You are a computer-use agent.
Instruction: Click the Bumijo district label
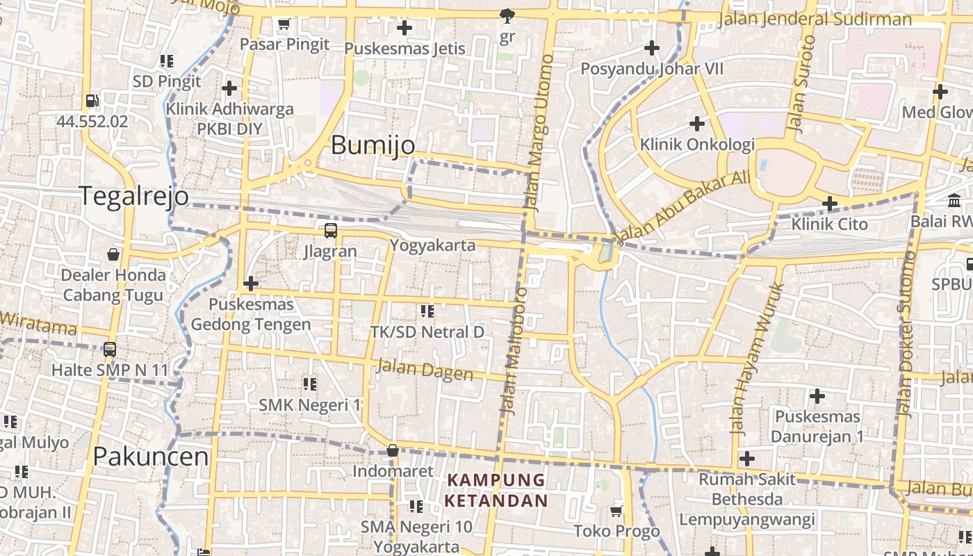click(373, 145)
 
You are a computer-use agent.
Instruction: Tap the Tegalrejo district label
click(133, 196)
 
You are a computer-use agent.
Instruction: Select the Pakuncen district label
click(150, 457)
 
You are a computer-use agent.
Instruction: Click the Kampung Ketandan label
click(496, 490)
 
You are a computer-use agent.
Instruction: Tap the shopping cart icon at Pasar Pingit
click(284, 25)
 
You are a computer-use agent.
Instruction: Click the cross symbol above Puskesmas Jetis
click(404, 28)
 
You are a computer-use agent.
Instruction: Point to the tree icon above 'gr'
click(507, 15)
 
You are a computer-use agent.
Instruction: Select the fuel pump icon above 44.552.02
click(92, 101)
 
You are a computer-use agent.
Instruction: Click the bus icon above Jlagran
click(331, 231)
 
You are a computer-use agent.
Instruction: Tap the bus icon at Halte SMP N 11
click(110, 350)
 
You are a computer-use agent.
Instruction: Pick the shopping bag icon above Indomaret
click(393, 450)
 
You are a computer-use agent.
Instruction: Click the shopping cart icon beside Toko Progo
click(616, 512)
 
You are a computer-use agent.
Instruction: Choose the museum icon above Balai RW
click(955, 202)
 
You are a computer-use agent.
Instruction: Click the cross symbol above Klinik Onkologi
click(696, 124)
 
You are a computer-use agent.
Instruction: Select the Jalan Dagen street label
click(424, 369)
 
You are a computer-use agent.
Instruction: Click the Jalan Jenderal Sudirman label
click(815, 19)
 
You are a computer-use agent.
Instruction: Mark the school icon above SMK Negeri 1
click(310, 384)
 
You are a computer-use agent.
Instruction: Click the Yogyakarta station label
click(432, 245)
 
